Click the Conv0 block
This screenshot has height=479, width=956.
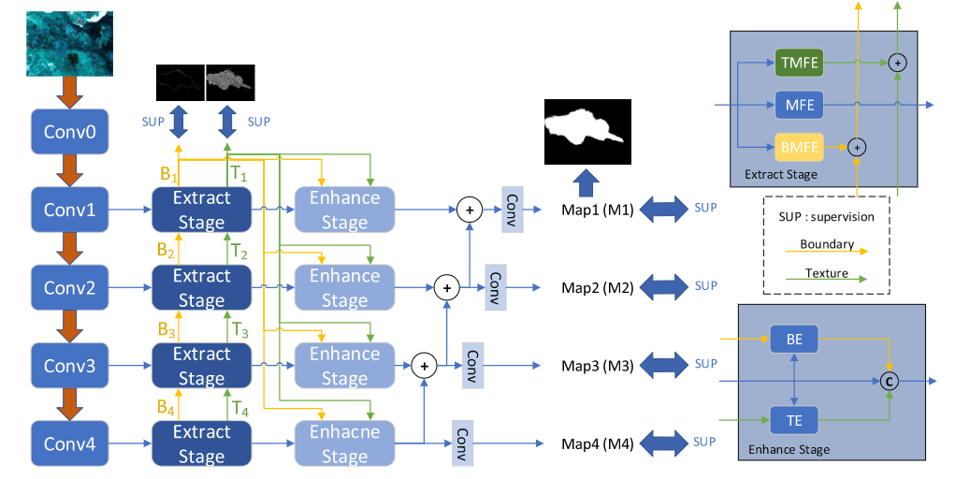coord(69,131)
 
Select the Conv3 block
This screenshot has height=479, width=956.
coord(71,366)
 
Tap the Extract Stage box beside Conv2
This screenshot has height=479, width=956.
coord(201,288)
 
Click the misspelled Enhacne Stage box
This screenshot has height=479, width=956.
coord(344,443)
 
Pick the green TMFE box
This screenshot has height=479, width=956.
coord(800,63)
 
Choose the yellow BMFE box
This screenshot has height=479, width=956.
coord(800,146)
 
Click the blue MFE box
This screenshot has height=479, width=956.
coord(800,104)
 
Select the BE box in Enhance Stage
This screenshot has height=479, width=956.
coord(794,341)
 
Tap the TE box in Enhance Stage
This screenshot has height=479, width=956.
coord(794,421)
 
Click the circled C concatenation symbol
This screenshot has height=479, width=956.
coord(890,382)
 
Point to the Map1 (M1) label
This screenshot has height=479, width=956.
coord(598,210)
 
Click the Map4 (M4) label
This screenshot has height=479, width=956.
coord(598,443)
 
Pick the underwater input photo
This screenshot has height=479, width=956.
coord(69,43)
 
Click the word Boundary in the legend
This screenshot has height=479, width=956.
coord(826,245)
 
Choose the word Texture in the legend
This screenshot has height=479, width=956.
coord(826,274)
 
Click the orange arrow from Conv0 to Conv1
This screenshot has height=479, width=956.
coord(69,171)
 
